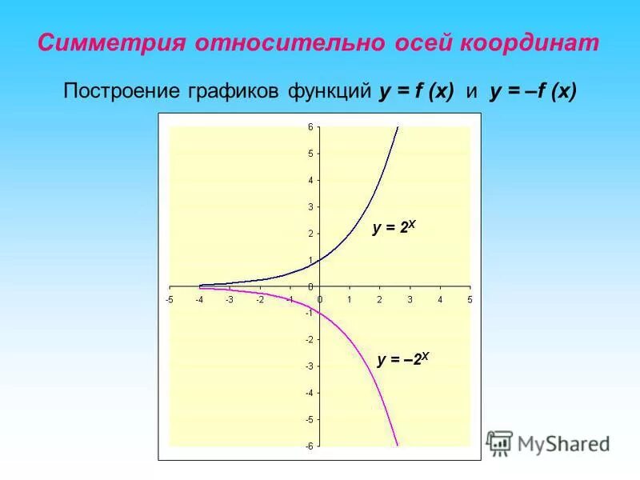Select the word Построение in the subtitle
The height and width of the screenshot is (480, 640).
point(116,93)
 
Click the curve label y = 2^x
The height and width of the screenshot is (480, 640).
point(394,228)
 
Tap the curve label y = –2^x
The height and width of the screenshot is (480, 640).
point(403,360)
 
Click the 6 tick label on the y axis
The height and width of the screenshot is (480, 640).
point(310,127)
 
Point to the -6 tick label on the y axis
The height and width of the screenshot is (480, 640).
point(309,446)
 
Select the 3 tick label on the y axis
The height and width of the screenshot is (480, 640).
point(310,206)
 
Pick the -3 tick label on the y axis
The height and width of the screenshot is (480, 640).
point(309,366)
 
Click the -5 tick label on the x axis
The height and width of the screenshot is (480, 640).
point(169,299)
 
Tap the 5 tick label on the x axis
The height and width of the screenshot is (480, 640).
point(470,299)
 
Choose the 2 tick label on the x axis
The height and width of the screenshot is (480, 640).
point(379,299)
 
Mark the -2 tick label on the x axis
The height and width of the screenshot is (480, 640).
point(259,299)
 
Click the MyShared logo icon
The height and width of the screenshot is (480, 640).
point(500,443)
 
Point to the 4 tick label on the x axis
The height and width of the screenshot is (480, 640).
point(439,299)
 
